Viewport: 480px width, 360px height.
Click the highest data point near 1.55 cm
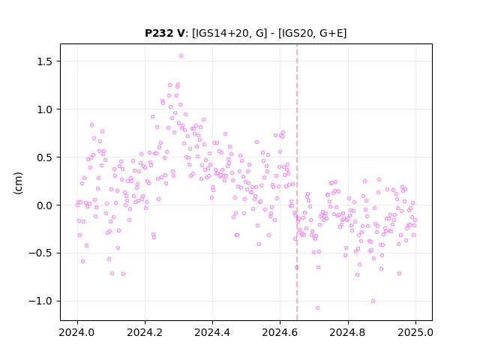coord(181,56)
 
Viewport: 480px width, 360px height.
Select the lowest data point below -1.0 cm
coord(317,308)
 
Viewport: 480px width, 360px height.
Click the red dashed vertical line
coord(297,182)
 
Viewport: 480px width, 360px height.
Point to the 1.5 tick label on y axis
coord(45,61)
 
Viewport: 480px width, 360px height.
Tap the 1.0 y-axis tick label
coord(45,109)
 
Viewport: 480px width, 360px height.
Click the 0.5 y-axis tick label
coord(45,157)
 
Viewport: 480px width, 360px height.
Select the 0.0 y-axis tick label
coord(45,205)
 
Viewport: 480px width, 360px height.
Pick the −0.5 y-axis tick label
coord(41,253)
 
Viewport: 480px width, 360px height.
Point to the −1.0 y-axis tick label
coord(41,301)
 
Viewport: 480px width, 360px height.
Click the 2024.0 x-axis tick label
coord(77,332)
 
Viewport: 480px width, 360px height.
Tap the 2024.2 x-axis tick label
coord(145,332)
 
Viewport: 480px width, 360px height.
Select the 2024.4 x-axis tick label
coord(212,332)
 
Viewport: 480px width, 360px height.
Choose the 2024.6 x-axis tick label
coord(280,332)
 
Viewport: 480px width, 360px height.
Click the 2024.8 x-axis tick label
coord(347,332)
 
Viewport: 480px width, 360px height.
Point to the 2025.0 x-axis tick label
coord(415,332)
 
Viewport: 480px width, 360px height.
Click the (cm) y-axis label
coord(18,183)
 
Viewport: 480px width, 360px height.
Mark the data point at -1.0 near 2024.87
coord(373,301)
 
